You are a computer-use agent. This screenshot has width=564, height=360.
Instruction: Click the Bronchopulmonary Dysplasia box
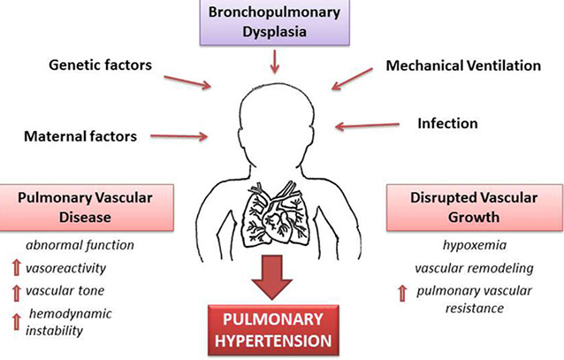pyautogui.click(x=275, y=21)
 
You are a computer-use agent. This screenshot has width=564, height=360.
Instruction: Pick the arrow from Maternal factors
pyautogui.click(x=182, y=136)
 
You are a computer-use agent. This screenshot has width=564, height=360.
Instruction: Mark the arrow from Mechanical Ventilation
pyautogui.click(x=357, y=80)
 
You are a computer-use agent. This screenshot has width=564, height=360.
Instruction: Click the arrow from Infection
pyautogui.click(x=363, y=126)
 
